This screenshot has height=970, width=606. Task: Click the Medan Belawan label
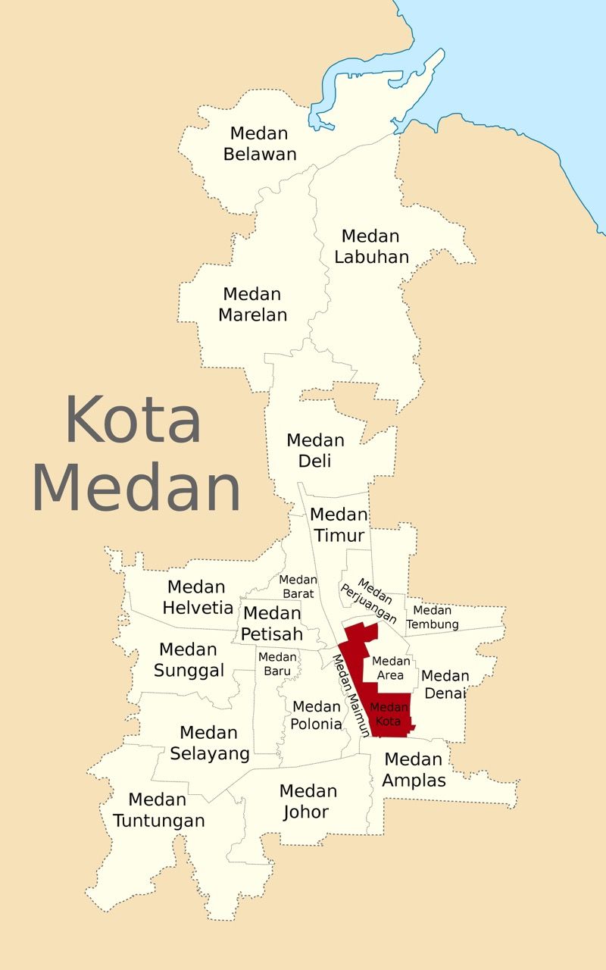[260, 144]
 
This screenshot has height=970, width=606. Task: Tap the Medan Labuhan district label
[371, 246]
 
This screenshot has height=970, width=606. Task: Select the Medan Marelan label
[252, 304]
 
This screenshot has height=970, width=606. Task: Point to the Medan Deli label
[315, 450]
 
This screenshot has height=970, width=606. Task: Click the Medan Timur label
[339, 525]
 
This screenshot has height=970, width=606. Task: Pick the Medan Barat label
[298, 587]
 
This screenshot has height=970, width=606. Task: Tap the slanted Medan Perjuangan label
[369, 601]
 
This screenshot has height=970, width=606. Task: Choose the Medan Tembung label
[433, 617]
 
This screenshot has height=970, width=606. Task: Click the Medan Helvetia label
[197, 597]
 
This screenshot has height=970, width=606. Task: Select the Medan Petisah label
[272, 623]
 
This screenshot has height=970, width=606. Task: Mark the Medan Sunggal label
[189, 660]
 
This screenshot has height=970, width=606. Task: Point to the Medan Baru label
[276, 664]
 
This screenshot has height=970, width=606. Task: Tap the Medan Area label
[391, 668]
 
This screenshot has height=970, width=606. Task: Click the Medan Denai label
[445, 684]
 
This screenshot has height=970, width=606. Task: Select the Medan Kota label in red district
[389, 714]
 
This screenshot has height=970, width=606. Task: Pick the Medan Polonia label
[316, 715]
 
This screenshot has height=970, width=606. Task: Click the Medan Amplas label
[414, 769]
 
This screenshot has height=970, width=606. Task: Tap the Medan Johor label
[307, 801]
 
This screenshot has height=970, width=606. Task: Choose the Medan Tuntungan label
[158, 809]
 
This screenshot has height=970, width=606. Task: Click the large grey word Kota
[133, 419]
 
